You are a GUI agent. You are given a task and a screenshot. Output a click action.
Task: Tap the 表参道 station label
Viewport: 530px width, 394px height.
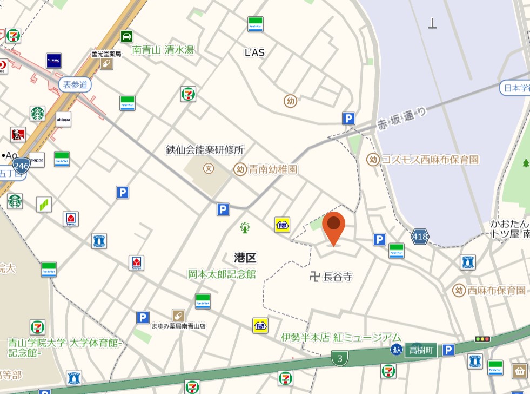coord(75,84)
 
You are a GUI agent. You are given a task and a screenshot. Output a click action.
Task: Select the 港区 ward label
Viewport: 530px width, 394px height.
coord(245,258)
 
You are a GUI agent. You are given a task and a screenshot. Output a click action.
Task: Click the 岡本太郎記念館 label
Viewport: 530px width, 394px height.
coord(222,274)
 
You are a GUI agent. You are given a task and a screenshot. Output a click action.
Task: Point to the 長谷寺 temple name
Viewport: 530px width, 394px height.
coord(338,277)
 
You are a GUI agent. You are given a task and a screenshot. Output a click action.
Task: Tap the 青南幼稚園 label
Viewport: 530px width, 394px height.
coord(273,169)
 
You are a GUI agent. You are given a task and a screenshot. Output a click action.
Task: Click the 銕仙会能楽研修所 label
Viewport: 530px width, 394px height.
coord(205,149)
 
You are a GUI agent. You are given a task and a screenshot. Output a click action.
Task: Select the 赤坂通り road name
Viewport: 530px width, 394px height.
coord(401,119)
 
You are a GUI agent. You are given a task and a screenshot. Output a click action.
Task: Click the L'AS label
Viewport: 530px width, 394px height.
coord(255,52)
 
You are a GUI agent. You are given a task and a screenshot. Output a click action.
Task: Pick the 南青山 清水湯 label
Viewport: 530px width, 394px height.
coord(163,50)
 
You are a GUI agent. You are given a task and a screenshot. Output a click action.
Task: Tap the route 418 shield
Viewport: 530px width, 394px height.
coord(420,236)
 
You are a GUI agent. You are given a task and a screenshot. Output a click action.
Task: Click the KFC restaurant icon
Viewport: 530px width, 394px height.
coord(18,135)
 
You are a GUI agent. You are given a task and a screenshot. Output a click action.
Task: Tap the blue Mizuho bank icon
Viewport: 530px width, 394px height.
coord(53,61)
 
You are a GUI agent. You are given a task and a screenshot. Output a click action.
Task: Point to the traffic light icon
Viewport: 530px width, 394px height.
coord(482,339)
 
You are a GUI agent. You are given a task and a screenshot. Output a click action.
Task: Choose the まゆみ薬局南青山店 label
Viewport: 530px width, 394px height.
coord(178,326)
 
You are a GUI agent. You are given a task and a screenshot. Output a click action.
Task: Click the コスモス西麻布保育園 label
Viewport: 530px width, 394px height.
coord(430,160)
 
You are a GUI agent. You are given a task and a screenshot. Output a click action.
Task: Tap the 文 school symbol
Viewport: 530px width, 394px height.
coord(209,169)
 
